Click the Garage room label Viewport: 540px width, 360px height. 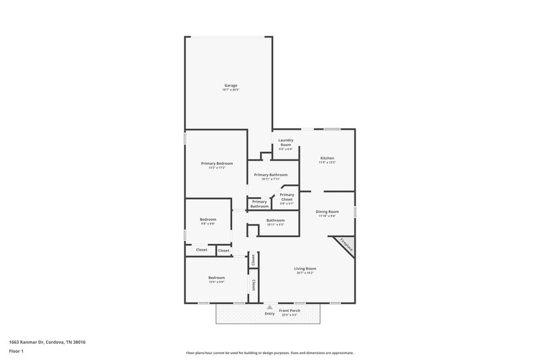[231, 85]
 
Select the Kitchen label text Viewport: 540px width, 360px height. [327, 158]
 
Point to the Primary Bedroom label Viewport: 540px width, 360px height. [217, 163]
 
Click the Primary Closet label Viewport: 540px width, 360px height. [286, 197]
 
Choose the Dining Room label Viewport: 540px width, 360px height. [327, 211]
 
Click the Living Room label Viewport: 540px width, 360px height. [306, 268]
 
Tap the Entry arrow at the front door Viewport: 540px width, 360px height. [270, 307]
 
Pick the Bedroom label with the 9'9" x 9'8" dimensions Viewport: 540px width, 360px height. [208, 220]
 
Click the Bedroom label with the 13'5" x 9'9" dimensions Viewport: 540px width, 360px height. [216, 278]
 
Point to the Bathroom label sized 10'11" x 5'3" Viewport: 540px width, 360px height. [275, 220]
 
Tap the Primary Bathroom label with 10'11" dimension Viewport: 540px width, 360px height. [271, 175]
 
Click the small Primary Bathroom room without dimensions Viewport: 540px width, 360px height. [259, 203]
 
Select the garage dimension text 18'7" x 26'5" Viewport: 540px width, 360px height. [231, 90]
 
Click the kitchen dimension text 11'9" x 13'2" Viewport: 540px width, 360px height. [327, 163]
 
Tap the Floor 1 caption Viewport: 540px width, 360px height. [16, 351]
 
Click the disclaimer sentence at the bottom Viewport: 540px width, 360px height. [269, 353]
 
